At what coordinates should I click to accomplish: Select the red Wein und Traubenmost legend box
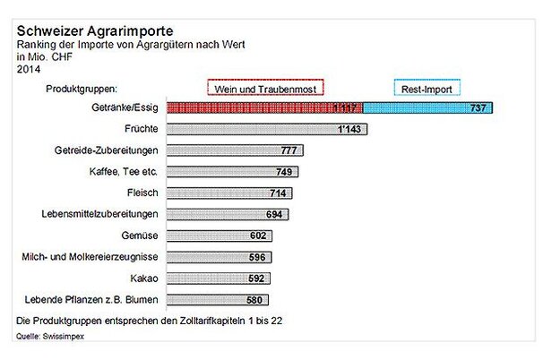click(264, 88)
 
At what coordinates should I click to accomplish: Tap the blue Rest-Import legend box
click(427, 88)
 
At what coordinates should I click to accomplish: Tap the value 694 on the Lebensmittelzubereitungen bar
click(275, 215)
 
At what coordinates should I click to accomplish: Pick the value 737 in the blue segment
click(478, 108)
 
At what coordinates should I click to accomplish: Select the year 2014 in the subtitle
click(29, 68)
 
